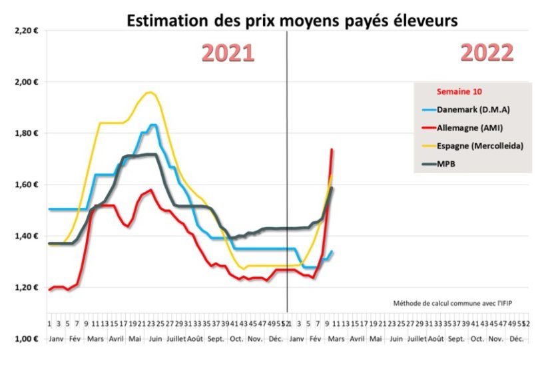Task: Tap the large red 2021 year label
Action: (x=228, y=53)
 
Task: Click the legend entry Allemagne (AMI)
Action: (x=469, y=128)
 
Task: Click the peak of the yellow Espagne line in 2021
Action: (x=150, y=93)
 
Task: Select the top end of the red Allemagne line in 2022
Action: (x=332, y=149)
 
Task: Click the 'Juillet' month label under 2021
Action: (x=176, y=338)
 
